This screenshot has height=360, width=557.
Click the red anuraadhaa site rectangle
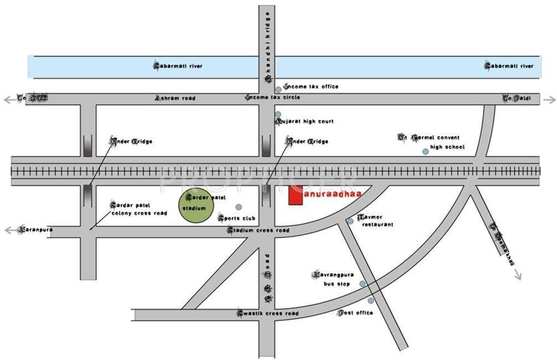click(x=295, y=196)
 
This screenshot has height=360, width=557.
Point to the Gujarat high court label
click(x=304, y=121)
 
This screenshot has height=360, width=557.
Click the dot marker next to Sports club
click(x=238, y=207)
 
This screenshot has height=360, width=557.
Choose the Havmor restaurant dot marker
click(x=350, y=222)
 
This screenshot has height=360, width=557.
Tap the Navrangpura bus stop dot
click(x=362, y=284)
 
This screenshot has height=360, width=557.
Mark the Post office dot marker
click(x=371, y=301)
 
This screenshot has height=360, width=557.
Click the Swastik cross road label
click(x=268, y=313)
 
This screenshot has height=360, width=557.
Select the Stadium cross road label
click(x=258, y=230)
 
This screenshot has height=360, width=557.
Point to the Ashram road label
click(x=175, y=98)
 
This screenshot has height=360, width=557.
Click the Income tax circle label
click(x=273, y=97)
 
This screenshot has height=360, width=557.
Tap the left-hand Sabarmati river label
click(x=178, y=66)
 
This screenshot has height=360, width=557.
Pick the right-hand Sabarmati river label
click(x=509, y=66)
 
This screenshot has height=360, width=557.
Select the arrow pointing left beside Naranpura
click(x=9, y=230)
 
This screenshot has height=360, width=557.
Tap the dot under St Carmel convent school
click(x=425, y=151)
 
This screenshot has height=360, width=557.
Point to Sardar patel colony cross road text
click(x=139, y=209)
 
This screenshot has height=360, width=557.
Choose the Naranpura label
click(x=35, y=229)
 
